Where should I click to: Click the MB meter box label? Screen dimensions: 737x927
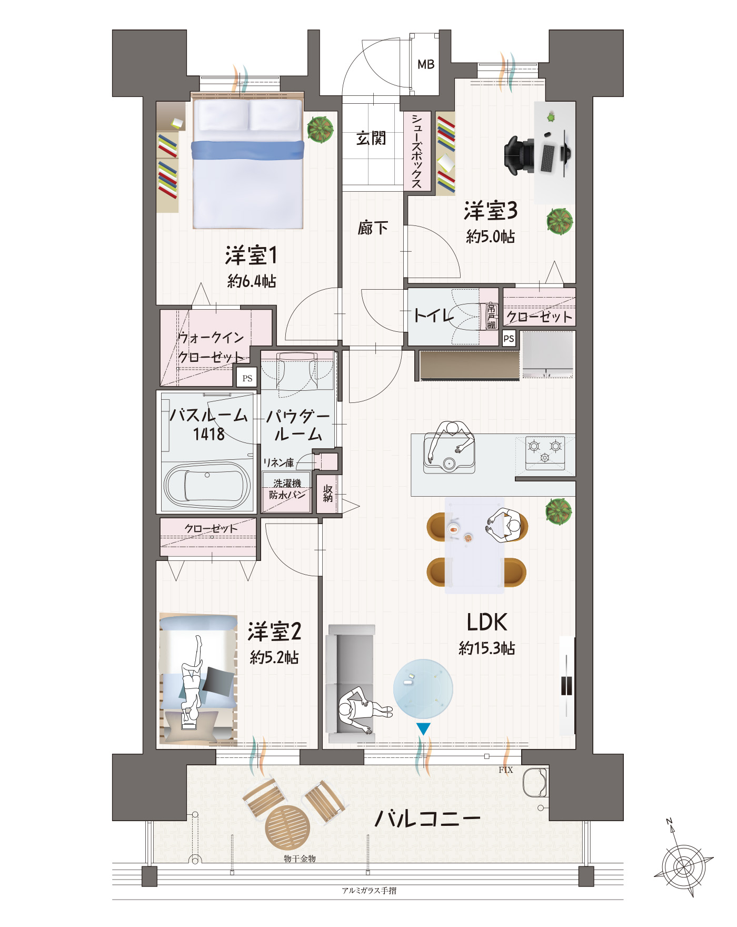click(x=426, y=64)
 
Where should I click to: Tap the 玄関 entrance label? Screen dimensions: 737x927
click(x=371, y=139)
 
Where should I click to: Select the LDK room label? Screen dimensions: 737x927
click(x=487, y=622)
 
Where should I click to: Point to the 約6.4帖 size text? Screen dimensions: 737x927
click(x=252, y=281)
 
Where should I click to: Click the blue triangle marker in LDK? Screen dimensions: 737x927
click(x=423, y=728)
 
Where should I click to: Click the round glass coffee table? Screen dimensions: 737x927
click(x=423, y=688)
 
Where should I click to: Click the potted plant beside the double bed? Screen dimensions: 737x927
click(x=321, y=129)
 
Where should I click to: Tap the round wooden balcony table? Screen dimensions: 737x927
click(x=287, y=827)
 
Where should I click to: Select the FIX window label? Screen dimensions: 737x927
click(x=505, y=770)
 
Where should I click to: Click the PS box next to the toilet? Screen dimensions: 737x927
click(x=509, y=339)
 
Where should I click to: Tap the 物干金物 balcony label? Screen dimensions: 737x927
click(x=300, y=859)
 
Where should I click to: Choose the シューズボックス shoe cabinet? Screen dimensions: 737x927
click(x=417, y=151)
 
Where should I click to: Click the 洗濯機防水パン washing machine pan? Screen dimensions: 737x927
click(x=287, y=491)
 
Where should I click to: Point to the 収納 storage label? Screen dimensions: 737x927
click(x=328, y=494)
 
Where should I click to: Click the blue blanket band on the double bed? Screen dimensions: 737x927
click(x=247, y=150)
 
